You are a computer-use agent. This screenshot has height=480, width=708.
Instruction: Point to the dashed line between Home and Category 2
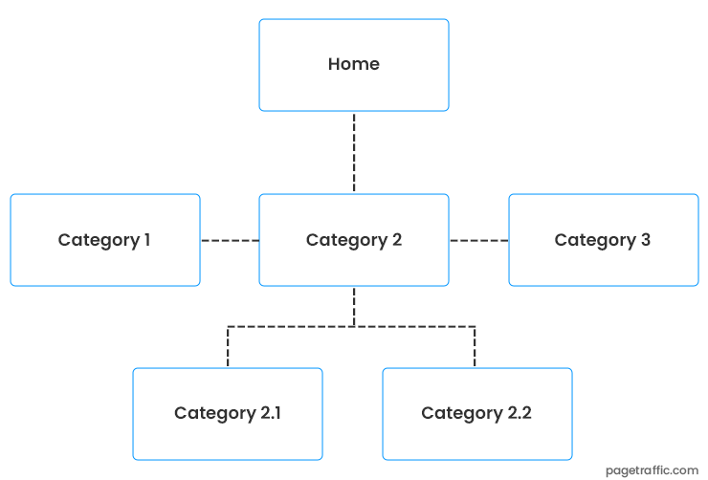pos(354,153)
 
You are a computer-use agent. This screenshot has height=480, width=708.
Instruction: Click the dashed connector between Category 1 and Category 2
pos(230,240)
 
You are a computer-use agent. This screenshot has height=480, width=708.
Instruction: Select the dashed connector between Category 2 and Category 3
pos(478,240)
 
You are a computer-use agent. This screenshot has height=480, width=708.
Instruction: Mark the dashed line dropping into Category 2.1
pos(228,347)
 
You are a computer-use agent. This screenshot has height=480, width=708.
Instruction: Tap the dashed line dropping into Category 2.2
pos(475,347)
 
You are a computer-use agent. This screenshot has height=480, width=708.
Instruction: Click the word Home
pos(354,64)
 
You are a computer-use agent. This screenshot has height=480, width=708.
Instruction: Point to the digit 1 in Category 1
pos(146,240)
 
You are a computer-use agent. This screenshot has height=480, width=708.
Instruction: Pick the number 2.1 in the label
pos(270,413)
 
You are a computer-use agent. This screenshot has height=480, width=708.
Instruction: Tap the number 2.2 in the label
pos(519,413)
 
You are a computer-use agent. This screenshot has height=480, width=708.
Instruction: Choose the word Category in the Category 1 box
pos(98,241)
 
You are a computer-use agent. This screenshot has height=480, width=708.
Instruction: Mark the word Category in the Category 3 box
pos(595,241)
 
